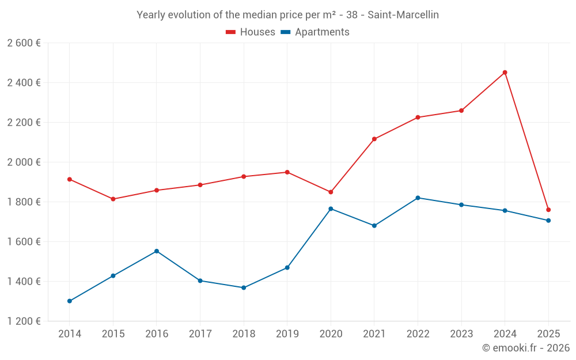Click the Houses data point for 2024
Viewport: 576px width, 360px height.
pyautogui.click(x=505, y=73)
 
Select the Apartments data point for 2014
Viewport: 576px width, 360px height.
pyautogui.click(x=70, y=301)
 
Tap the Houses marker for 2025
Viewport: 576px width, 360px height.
pyautogui.click(x=548, y=210)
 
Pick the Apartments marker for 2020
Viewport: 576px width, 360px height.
pyautogui.click(x=331, y=209)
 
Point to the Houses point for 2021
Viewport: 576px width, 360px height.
pyautogui.click(x=374, y=139)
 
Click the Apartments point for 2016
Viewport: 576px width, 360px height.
pyautogui.click(x=157, y=251)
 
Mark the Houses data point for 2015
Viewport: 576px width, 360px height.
pyautogui.click(x=113, y=199)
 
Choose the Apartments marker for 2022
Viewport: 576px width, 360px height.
pyautogui.click(x=418, y=198)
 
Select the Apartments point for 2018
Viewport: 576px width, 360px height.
pyautogui.click(x=244, y=287)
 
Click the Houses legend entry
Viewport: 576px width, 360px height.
pyautogui.click(x=251, y=32)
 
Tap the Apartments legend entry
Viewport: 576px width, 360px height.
pyautogui.click(x=315, y=32)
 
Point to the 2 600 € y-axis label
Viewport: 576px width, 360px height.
pyautogui.click(x=24, y=43)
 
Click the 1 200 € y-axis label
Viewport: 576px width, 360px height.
pyautogui.click(x=24, y=321)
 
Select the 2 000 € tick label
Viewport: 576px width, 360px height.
pyautogui.click(x=24, y=162)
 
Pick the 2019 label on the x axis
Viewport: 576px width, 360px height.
pyautogui.click(x=287, y=334)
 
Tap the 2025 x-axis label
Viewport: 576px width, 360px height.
pyautogui.click(x=548, y=334)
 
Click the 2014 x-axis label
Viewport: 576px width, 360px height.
pyautogui.click(x=70, y=334)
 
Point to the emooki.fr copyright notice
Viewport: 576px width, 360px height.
pyautogui.click(x=525, y=348)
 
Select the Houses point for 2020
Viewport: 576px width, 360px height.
pyautogui.click(x=331, y=192)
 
